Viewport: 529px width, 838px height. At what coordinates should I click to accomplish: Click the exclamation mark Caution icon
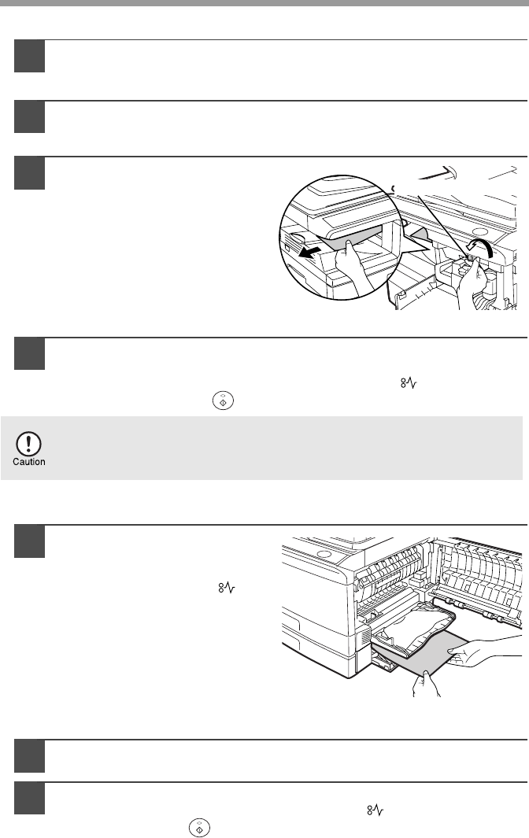click(x=29, y=444)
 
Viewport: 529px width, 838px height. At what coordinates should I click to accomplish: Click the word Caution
click(x=29, y=462)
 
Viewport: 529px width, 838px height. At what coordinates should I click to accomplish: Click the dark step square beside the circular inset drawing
click(x=29, y=173)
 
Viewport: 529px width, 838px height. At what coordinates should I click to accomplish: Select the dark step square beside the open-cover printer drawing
click(x=29, y=542)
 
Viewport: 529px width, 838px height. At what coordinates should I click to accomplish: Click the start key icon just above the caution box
click(x=223, y=401)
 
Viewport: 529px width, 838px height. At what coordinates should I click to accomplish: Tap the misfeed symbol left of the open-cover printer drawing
click(x=227, y=589)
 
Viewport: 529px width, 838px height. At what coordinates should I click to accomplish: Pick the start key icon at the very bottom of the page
click(x=199, y=828)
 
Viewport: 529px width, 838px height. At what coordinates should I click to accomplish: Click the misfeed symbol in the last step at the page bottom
click(x=375, y=810)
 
